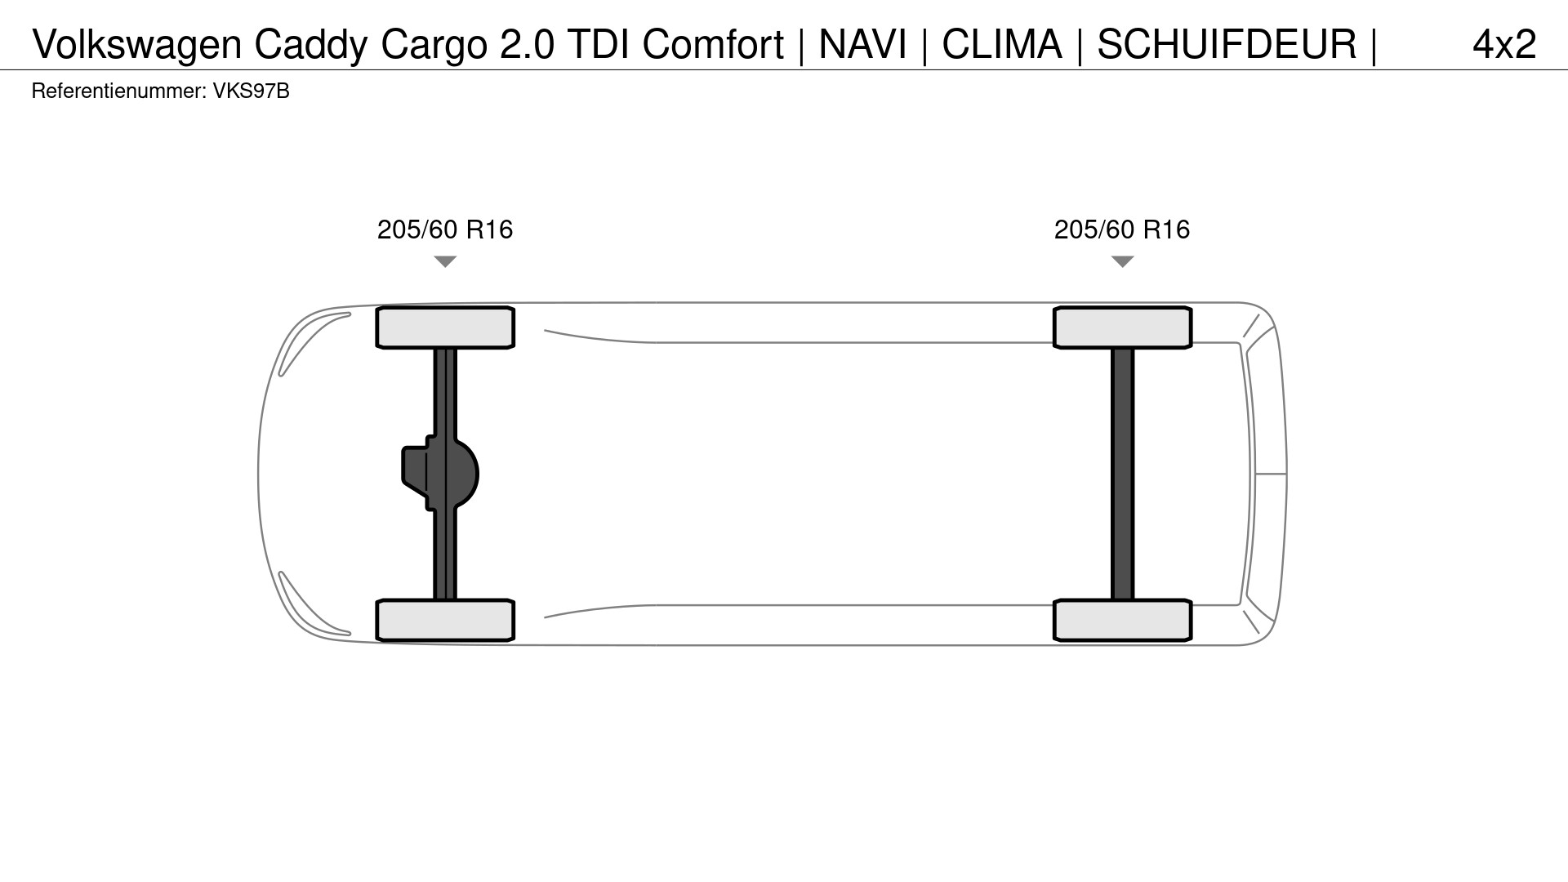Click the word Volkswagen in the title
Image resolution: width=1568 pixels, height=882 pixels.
coord(137,46)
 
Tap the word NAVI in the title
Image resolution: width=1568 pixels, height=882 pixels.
coord(862,44)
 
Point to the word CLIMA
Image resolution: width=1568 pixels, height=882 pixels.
coord(1002,44)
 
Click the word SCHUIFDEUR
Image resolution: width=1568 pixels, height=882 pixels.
coord(1227,44)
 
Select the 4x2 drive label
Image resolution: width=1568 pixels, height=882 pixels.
coord(1504,44)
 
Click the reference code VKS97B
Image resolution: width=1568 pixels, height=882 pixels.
coord(252,91)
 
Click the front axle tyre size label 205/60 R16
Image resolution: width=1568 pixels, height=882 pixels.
coord(445,229)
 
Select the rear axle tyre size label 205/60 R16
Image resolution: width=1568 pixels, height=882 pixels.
coord(1122,229)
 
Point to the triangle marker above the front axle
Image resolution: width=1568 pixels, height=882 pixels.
coord(445,261)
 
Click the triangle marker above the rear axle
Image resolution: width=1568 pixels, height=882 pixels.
coord(1123,261)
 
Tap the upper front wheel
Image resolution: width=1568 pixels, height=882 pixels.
coord(445,327)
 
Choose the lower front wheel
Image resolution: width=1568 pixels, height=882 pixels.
coord(445,620)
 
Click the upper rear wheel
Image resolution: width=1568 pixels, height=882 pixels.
coord(1123,327)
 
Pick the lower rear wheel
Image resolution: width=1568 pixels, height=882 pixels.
coord(1123,620)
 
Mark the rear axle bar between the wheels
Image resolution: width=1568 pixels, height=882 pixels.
coord(1123,474)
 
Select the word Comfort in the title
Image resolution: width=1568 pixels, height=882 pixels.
coord(713,44)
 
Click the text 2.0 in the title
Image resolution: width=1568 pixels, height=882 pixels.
coord(527,44)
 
